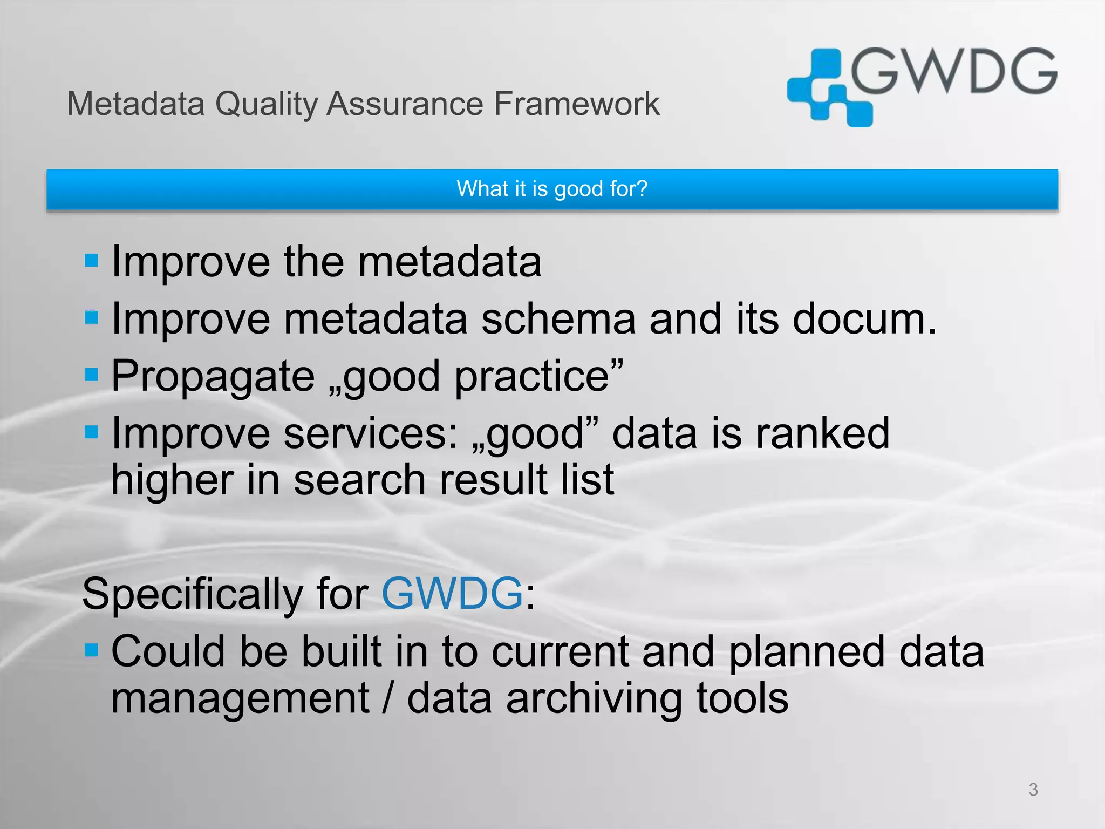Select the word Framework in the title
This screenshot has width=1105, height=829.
click(576, 104)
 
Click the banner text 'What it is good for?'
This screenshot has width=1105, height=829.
click(551, 189)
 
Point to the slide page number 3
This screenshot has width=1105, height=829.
click(1033, 790)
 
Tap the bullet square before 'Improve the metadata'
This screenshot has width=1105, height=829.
click(92, 261)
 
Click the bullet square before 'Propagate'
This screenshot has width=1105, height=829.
click(92, 375)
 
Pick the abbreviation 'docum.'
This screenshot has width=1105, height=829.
click(864, 319)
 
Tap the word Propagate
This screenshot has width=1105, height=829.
click(213, 377)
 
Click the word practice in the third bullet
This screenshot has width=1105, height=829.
click(532, 377)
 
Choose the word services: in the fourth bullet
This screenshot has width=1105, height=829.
click(371, 433)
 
